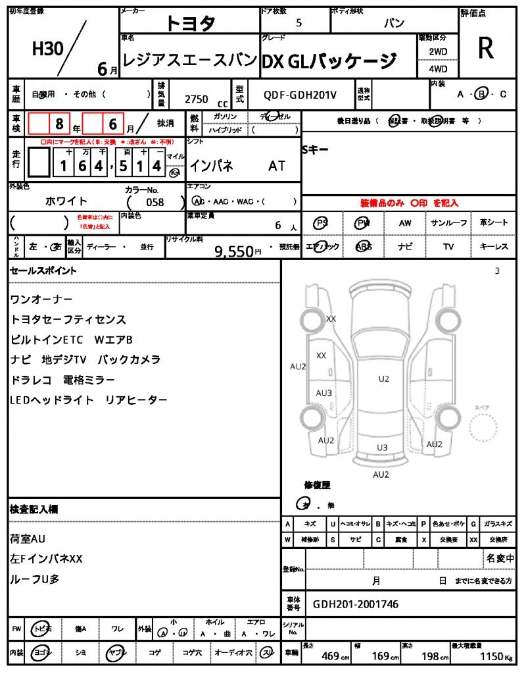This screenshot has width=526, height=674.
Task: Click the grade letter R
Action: [485, 49]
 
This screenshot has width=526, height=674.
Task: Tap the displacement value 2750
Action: [197, 99]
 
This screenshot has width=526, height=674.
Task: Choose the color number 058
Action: [155, 202]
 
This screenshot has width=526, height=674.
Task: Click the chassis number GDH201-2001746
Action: [355, 604]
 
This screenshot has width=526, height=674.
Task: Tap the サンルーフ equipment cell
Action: [449, 222]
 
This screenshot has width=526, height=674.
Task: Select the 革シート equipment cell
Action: [494, 222]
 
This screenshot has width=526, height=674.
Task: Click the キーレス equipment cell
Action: [494, 246]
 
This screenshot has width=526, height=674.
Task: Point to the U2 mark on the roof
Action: [383, 378]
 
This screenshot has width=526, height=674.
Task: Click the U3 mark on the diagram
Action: [382, 447]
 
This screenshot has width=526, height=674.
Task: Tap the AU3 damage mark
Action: [323, 393]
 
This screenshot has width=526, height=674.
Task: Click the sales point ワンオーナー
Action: [41, 299]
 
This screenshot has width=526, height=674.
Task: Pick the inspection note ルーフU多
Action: [37, 579]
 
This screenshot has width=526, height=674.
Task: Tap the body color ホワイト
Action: [66, 201]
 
